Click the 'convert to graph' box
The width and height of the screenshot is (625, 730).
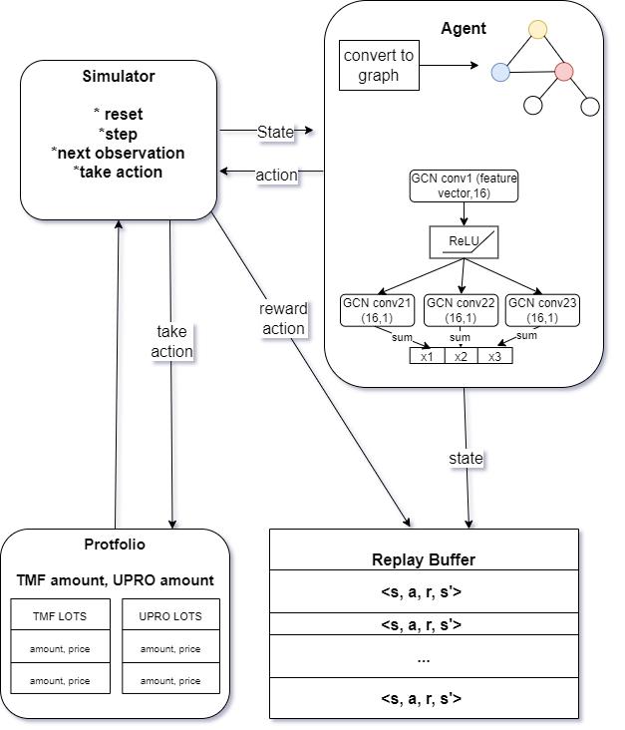(377, 64)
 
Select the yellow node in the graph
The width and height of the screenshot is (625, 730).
(537, 30)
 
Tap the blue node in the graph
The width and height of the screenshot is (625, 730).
(500, 71)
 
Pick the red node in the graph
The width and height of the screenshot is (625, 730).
(564, 72)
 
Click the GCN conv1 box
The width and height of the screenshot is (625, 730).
(464, 185)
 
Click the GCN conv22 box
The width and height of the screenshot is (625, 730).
(461, 309)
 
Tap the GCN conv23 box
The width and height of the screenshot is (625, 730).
(542, 309)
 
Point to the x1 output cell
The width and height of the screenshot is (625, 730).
(427, 356)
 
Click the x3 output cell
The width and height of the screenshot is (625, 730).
(494, 356)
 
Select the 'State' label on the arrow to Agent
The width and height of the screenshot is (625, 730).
(275, 131)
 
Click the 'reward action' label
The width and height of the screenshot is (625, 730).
(284, 318)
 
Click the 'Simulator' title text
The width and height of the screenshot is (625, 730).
(119, 78)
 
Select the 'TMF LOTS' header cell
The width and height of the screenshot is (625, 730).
(59, 615)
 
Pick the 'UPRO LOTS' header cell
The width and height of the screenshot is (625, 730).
(169, 615)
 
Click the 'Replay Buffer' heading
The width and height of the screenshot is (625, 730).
(424, 558)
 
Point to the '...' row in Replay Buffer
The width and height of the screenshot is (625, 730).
(424, 660)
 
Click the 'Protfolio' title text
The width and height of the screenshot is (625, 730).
(115, 545)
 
